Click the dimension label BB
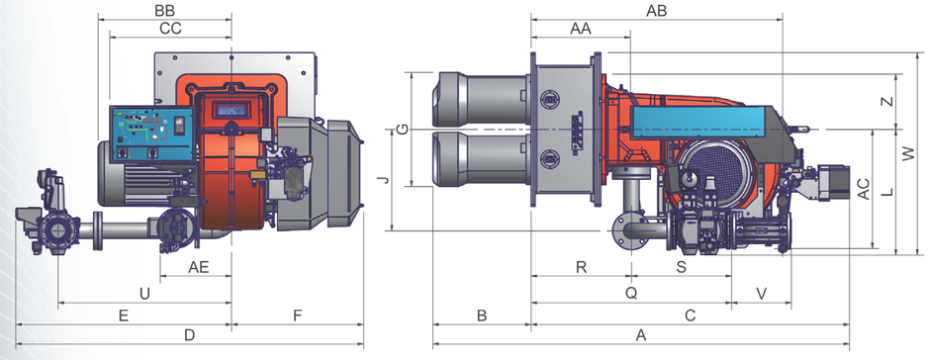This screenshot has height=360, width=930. coord(165,10)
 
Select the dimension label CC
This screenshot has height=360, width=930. coord(170,28)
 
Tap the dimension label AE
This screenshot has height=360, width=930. coord(199,267)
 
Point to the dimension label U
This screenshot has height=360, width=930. coord(144,293)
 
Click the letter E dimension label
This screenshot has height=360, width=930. coord(124,315)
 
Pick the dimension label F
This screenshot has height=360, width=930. coord(298,315)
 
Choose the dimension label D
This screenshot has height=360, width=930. coord(189,335)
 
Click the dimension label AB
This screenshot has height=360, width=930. coord(656,10)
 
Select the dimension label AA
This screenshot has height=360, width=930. coord(581,28)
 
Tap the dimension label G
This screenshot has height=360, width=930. coord(402,130)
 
